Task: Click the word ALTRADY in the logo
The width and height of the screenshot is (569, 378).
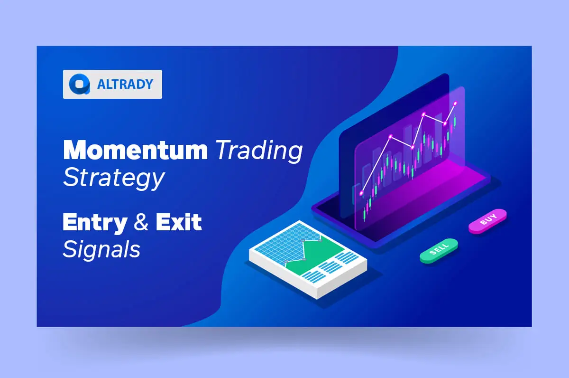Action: click(x=125, y=85)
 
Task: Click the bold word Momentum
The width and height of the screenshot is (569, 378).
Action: click(x=135, y=150)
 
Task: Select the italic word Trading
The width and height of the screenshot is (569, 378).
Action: click(x=259, y=151)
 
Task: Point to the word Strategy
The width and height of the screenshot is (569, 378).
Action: click(x=113, y=178)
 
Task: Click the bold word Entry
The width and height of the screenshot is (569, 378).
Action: click(x=95, y=222)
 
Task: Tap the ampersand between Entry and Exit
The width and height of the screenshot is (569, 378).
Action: click(x=141, y=222)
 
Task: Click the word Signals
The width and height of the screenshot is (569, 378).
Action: click(x=101, y=249)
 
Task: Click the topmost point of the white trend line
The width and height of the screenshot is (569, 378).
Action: click(x=456, y=103)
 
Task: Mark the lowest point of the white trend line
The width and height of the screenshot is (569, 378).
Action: click(x=362, y=193)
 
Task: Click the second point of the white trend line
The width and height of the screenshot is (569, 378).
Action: click(x=390, y=137)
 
